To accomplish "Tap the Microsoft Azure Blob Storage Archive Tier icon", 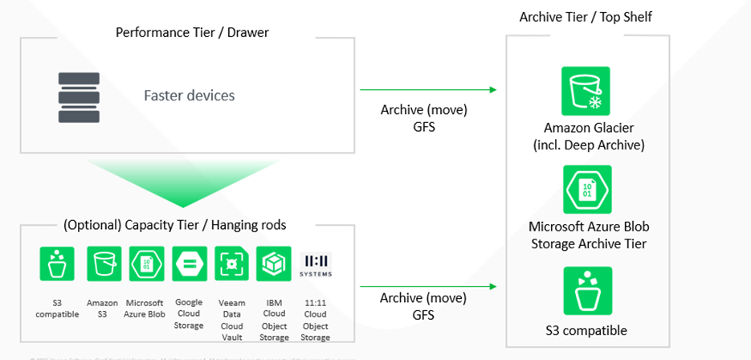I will pos(587,189).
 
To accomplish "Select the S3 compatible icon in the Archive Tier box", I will pos(587,291).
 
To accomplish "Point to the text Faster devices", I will pos(190,96).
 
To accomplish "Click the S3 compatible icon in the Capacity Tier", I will pos(57,264).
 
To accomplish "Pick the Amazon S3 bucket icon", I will pos(104,264).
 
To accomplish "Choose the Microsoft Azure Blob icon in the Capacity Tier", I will pos(146,264).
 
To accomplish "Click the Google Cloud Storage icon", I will pos(190,264).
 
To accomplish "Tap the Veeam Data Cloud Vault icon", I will pos(232,264).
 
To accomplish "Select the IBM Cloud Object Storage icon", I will pos(274,264).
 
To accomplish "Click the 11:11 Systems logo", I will pos(315,264).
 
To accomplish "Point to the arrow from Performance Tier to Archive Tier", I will pos(427,90).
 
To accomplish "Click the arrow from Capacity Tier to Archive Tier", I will pos(427,285).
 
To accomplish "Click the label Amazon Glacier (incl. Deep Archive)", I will pos(586,138).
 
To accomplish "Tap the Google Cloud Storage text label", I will pos(190,309).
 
